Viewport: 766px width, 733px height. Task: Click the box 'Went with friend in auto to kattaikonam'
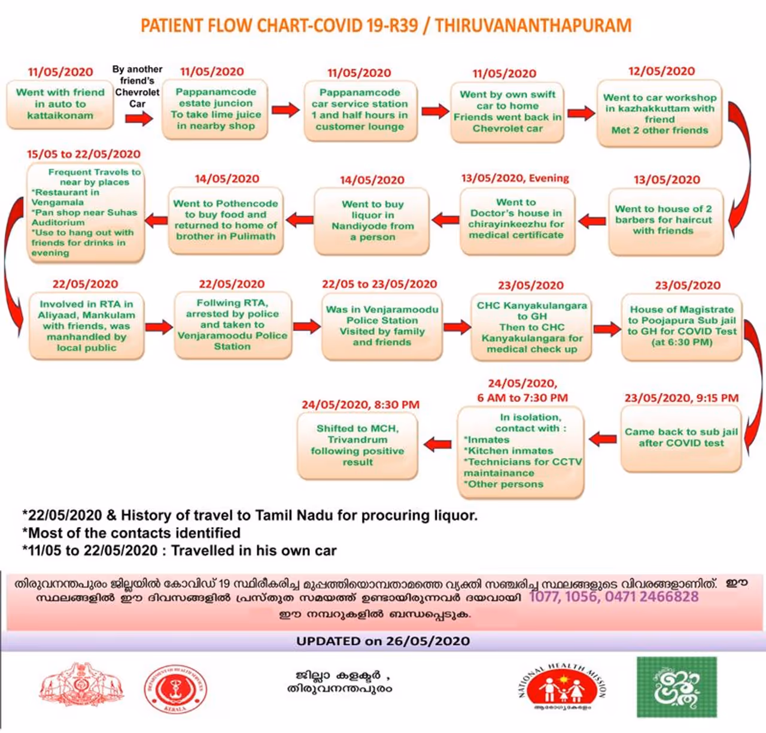pyautogui.click(x=60, y=104)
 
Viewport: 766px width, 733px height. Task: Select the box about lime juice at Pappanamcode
pyautogui.click(x=215, y=109)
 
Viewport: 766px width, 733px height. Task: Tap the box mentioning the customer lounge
pyautogui.click(x=360, y=110)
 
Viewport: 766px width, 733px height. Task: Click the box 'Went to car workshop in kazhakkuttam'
pyautogui.click(x=659, y=114)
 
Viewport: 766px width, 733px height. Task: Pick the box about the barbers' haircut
pyautogui.click(x=664, y=220)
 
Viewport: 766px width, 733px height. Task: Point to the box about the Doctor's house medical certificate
pyautogui.click(x=516, y=219)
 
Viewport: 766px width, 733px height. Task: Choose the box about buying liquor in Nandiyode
pyautogui.click(x=372, y=220)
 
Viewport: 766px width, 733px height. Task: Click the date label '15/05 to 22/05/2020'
pyautogui.click(x=84, y=154)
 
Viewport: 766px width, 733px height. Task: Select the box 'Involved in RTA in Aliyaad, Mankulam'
pyautogui.click(x=87, y=326)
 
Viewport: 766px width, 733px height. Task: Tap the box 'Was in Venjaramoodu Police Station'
pyautogui.click(x=382, y=326)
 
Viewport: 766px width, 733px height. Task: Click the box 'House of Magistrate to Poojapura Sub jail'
pyautogui.click(x=682, y=326)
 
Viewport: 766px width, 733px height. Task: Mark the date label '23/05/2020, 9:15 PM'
pyautogui.click(x=682, y=398)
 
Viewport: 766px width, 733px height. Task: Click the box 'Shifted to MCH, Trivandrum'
pyautogui.click(x=358, y=446)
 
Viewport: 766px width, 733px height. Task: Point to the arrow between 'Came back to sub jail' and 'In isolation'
pyautogui.click(x=603, y=440)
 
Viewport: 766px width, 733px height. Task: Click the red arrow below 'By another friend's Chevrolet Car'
pyautogui.click(x=139, y=119)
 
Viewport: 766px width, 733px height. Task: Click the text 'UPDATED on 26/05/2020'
pyautogui.click(x=383, y=641)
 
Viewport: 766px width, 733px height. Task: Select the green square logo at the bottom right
pyautogui.click(x=676, y=687)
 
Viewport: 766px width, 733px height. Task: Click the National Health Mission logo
pyautogui.click(x=562, y=687)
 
